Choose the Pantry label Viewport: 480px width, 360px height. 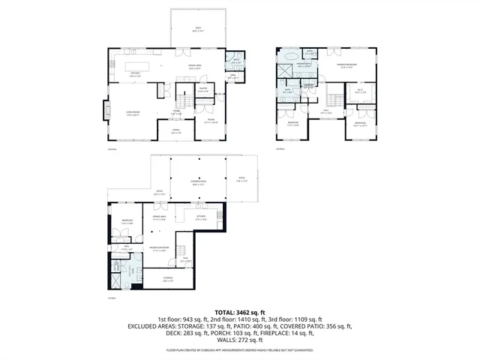(x=202, y=88)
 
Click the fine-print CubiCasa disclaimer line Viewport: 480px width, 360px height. (x=239, y=349)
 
